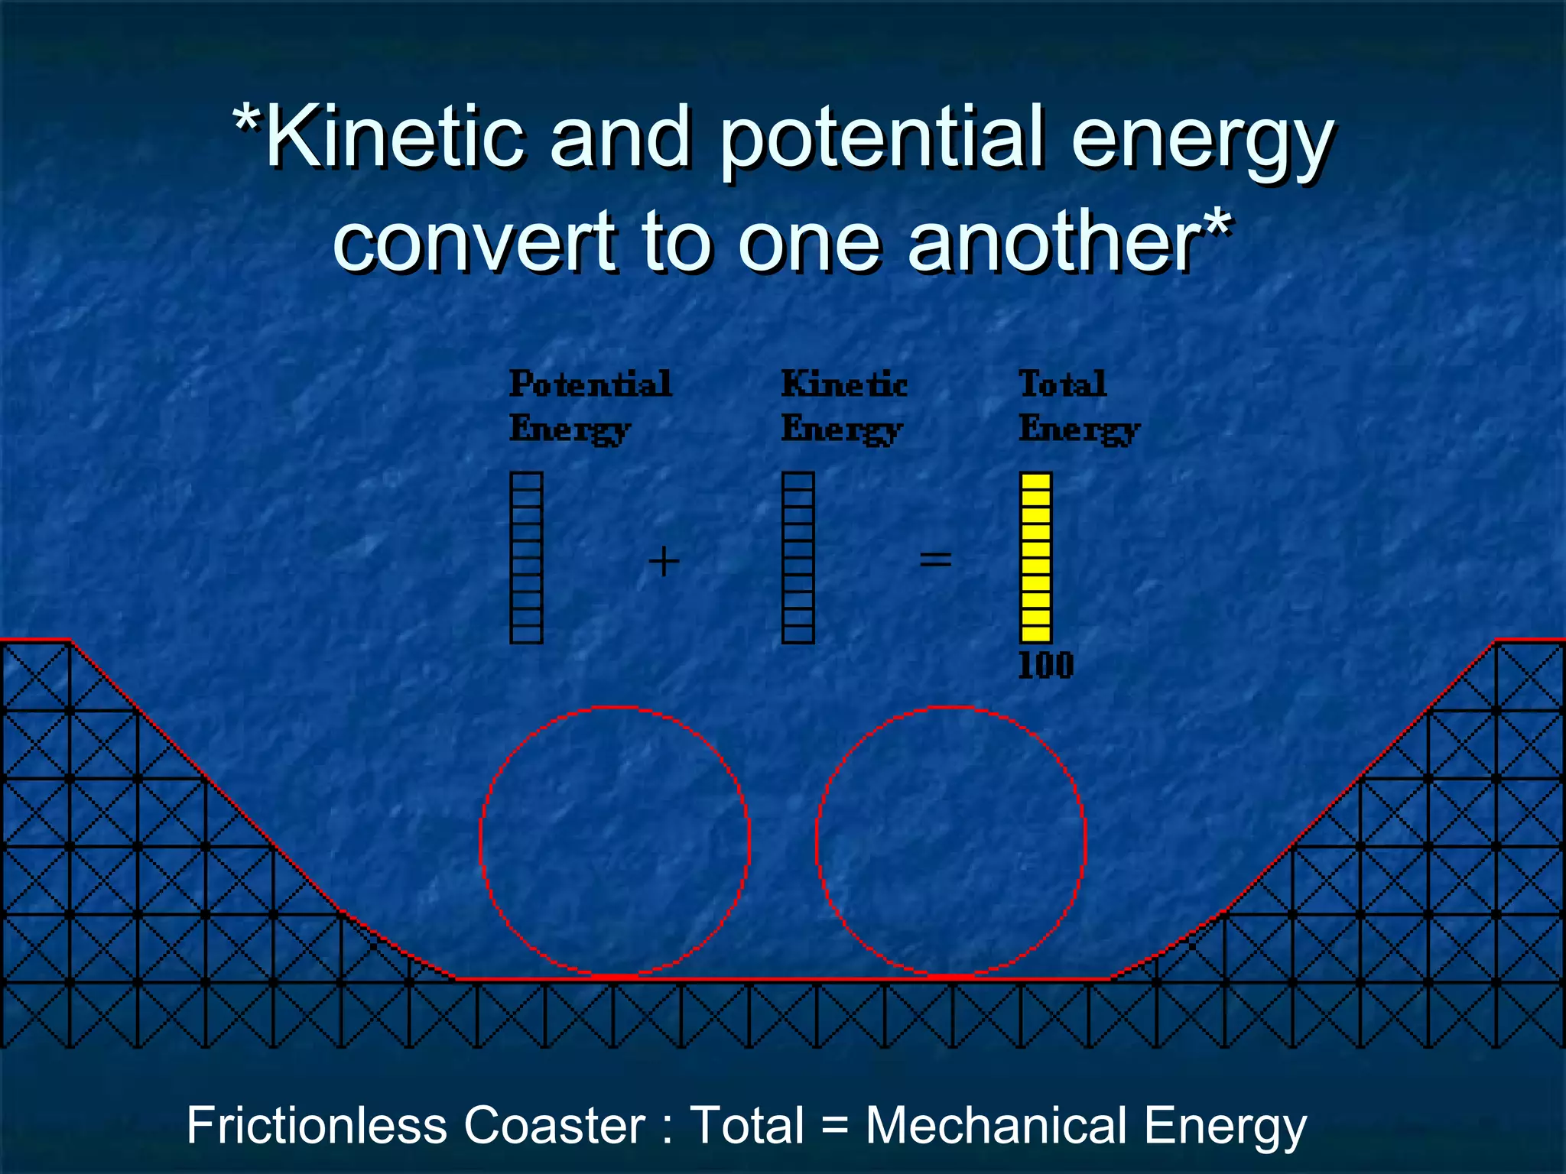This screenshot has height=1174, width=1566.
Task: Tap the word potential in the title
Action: (x=879, y=141)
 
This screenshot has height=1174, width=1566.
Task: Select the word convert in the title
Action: (x=474, y=243)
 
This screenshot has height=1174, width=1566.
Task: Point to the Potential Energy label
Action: (x=589, y=405)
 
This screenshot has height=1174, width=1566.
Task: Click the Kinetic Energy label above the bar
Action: (x=843, y=405)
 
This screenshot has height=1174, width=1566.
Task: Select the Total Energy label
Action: (x=1078, y=405)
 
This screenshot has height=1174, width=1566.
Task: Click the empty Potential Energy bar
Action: (x=526, y=557)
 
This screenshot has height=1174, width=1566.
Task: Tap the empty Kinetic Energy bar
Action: (x=798, y=557)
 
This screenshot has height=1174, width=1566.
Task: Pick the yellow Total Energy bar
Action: (x=1036, y=557)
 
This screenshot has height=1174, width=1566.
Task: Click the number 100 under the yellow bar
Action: (x=1045, y=666)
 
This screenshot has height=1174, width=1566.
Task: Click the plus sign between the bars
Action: (x=664, y=562)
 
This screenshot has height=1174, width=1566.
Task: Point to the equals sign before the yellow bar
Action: (x=935, y=560)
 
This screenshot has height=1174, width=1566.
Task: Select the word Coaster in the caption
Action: (x=554, y=1126)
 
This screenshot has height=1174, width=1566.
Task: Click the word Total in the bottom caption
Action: (x=747, y=1126)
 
